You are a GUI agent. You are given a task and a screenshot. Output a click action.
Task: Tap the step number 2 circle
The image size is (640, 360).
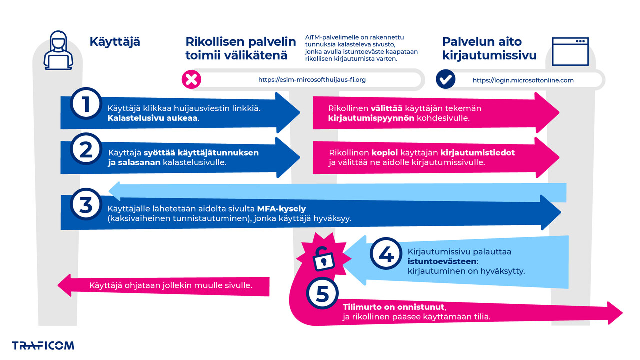pos(86,150)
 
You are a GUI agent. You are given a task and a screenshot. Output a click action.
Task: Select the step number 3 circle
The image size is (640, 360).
pos(86,205)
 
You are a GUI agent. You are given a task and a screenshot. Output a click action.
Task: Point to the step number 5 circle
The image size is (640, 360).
pos(322,294)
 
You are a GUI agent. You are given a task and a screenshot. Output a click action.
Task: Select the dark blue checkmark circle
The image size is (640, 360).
pos(445,79)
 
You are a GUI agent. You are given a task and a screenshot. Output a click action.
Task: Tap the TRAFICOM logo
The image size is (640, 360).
pos(43,345)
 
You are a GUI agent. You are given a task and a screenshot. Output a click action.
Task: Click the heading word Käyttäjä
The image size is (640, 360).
pos(115,42)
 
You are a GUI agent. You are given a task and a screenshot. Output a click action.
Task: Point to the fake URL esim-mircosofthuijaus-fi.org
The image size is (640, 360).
pos(312,80)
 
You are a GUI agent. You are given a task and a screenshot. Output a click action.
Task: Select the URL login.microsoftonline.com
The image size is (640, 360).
pos(523,80)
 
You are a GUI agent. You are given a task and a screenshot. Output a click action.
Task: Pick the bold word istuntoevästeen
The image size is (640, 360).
pos(442,261)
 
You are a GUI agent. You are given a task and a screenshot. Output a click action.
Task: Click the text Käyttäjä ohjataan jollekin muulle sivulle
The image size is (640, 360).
pos(170,286)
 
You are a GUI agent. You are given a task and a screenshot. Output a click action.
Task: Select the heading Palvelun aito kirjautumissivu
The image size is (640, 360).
pos(489,48)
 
